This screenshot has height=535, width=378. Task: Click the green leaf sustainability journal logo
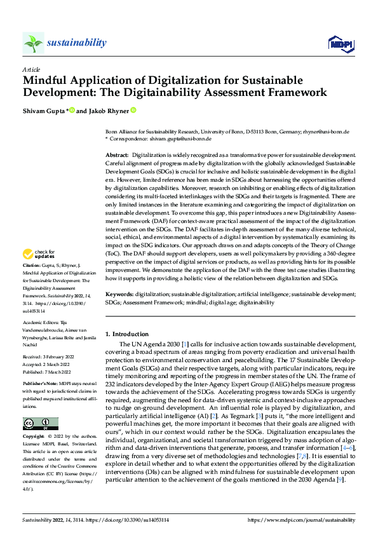tap(33, 43)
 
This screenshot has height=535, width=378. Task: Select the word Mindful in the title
tap(45, 81)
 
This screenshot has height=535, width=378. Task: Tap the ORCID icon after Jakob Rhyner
tap(134, 110)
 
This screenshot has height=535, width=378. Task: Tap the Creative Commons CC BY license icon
tap(40, 406)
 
